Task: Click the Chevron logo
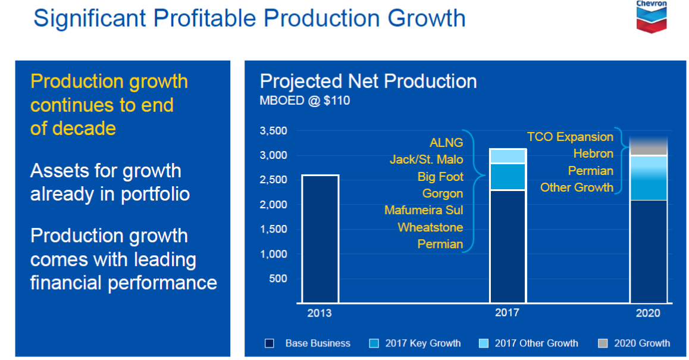[x=652, y=17]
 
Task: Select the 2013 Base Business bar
[x=320, y=238]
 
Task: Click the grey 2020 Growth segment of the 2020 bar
[x=648, y=146]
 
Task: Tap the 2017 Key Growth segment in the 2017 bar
[x=508, y=176]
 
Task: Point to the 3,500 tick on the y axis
[x=274, y=131]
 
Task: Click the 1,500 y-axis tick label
[x=274, y=229]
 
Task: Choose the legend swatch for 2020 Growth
[x=603, y=343]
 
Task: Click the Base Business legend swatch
[x=270, y=343]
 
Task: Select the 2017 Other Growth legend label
[x=536, y=343]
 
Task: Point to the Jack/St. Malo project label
[x=426, y=159]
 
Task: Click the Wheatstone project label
[x=430, y=227]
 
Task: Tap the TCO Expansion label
[x=570, y=137]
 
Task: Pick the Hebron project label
[x=593, y=154]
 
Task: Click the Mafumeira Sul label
[x=424, y=210]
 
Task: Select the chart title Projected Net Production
[x=368, y=81]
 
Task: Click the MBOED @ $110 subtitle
[x=305, y=101]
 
